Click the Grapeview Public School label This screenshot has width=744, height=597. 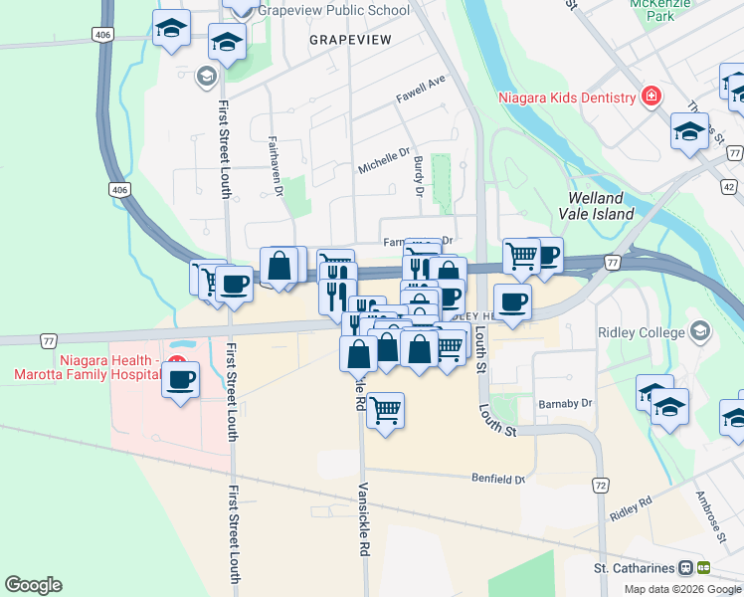(x=333, y=11)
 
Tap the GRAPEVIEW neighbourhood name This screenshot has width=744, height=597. (x=350, y=39)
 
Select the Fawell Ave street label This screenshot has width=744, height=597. (x=420, y=90)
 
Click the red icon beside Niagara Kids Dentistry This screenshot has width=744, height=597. (x=651, y=97)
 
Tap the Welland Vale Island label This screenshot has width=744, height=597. (x=600, y=206)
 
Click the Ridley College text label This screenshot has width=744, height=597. (x=642, y=331)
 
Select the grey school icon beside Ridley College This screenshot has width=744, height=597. (x=699, y=330)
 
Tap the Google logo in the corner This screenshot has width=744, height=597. (x=33, y=585)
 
